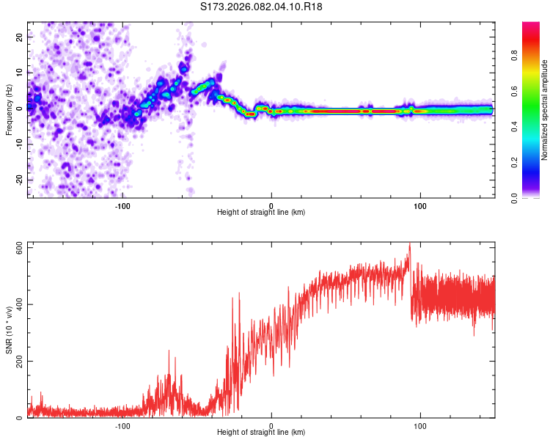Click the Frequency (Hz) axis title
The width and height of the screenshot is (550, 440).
[9, 109]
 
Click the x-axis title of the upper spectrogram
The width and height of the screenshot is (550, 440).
[261, 212]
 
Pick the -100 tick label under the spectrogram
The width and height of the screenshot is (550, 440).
[122, 205]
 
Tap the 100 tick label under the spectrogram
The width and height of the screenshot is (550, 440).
[420, 205]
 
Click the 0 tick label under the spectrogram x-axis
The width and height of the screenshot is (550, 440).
[271, 205]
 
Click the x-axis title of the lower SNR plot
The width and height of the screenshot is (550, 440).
[261, 433]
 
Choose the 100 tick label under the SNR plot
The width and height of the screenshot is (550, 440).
[420, 426]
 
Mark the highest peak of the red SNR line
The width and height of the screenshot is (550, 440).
[410, 243]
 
